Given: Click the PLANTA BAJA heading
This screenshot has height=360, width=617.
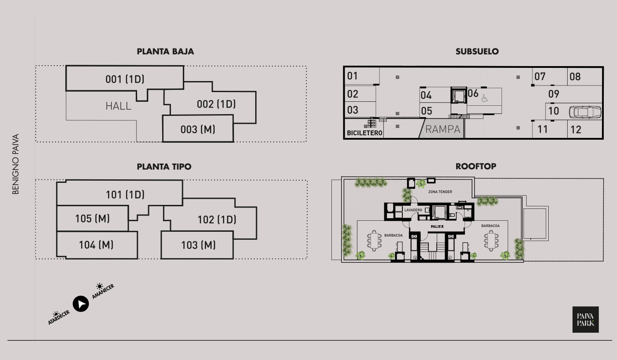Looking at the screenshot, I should pos(165,52).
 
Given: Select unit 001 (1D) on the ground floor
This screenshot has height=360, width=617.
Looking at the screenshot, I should pos(125,79).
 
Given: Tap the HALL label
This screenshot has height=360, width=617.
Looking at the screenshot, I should pos(118,106).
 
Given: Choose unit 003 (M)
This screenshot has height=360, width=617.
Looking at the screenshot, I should pos(197,130).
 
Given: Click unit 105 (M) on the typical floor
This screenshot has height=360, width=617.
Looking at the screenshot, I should pos(92,219).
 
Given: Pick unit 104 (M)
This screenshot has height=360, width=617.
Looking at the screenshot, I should pos(96,245).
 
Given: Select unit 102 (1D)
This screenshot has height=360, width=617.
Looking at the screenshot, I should pos(216,219).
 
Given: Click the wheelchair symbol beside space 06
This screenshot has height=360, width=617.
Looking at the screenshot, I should pos(485,98).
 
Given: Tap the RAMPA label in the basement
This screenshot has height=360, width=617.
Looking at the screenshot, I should pos(442,130).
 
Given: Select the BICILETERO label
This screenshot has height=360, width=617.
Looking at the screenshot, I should pos(364,133).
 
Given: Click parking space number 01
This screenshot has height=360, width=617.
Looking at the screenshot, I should pos(353,76).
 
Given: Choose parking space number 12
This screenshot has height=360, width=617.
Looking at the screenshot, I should pos(576,130).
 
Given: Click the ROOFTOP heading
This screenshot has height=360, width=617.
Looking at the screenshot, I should pos(476,167).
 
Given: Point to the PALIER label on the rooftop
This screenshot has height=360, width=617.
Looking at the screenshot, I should pos(437,226).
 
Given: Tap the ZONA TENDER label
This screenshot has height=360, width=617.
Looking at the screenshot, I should pos(440,192).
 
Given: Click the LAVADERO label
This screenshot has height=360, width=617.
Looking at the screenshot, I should pos(413,210).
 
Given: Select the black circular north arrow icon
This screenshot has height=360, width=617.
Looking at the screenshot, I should pos(81,304).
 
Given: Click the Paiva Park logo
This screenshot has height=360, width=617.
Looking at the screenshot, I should pos(585,319).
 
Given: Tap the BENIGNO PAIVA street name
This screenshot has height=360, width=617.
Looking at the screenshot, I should pos(16,164).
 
